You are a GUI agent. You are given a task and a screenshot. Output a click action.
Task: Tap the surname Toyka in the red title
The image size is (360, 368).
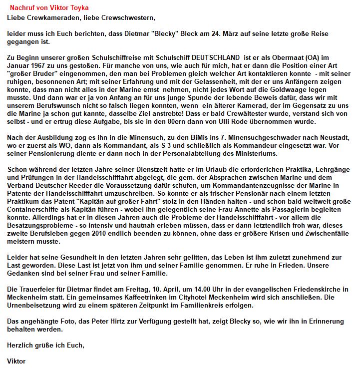pos(76,8)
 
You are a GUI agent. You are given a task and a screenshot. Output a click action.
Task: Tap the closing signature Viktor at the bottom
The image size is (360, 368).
pos(16,361)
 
